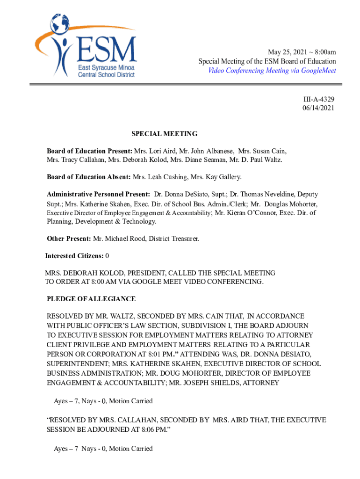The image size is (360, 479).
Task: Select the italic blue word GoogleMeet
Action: point(318,71)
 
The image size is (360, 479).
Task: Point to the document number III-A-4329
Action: point(318,99)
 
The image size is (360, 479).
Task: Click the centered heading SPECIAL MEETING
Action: point(164,134)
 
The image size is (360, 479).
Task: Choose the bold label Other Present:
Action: point(69,239)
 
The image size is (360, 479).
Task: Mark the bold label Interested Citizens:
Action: point(74,256)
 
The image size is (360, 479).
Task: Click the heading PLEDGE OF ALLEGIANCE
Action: point(91,299)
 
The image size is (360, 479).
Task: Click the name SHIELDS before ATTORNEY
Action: point(225,383)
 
